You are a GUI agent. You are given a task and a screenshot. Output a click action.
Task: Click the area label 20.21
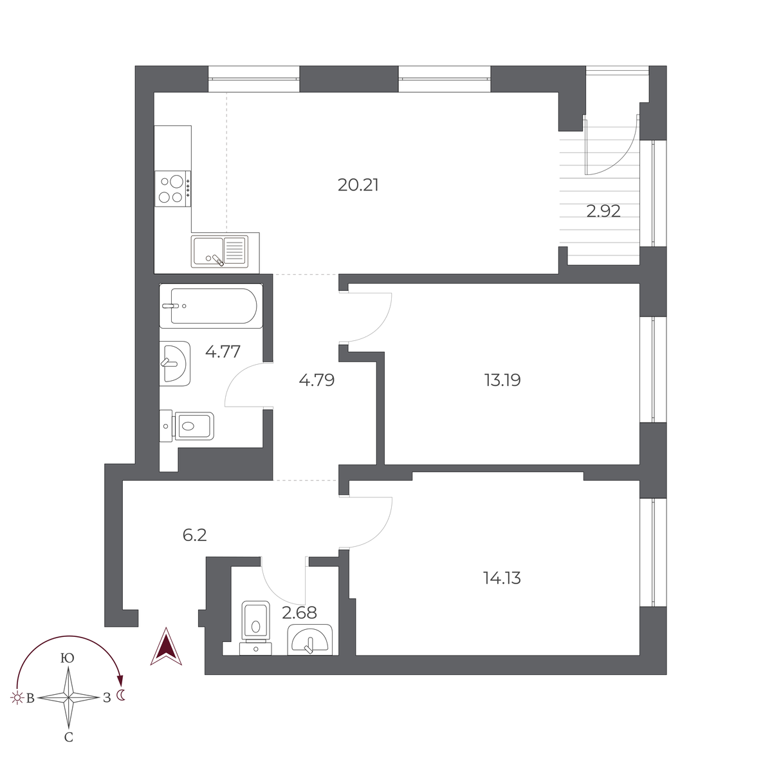(358, 185)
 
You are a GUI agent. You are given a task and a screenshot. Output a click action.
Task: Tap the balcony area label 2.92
(603, 211)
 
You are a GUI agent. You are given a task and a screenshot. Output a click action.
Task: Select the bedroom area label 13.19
(502, 380)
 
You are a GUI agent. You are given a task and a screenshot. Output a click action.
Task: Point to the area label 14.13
(502, 578)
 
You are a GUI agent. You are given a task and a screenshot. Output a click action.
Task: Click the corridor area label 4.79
(317, 380)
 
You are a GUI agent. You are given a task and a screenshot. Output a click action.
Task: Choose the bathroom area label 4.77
(223, 352)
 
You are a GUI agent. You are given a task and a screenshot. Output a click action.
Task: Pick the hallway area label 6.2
(194, 535)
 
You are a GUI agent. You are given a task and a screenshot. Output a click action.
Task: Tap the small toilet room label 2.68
(299, 612)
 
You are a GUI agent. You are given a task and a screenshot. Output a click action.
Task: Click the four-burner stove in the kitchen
(173, 188)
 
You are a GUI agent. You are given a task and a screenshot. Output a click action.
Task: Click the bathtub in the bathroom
(210, 306)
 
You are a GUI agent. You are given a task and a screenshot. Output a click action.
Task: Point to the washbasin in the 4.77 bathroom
(174, 363)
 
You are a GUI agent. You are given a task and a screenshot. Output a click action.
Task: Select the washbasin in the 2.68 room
(310, 640)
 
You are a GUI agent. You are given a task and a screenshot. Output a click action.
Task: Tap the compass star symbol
(69, 697)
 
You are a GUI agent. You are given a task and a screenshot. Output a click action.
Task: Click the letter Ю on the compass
(66, 658)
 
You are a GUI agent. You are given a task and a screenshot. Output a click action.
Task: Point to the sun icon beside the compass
(15, 697)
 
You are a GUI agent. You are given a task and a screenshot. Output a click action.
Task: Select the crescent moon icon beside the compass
(122, 695)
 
